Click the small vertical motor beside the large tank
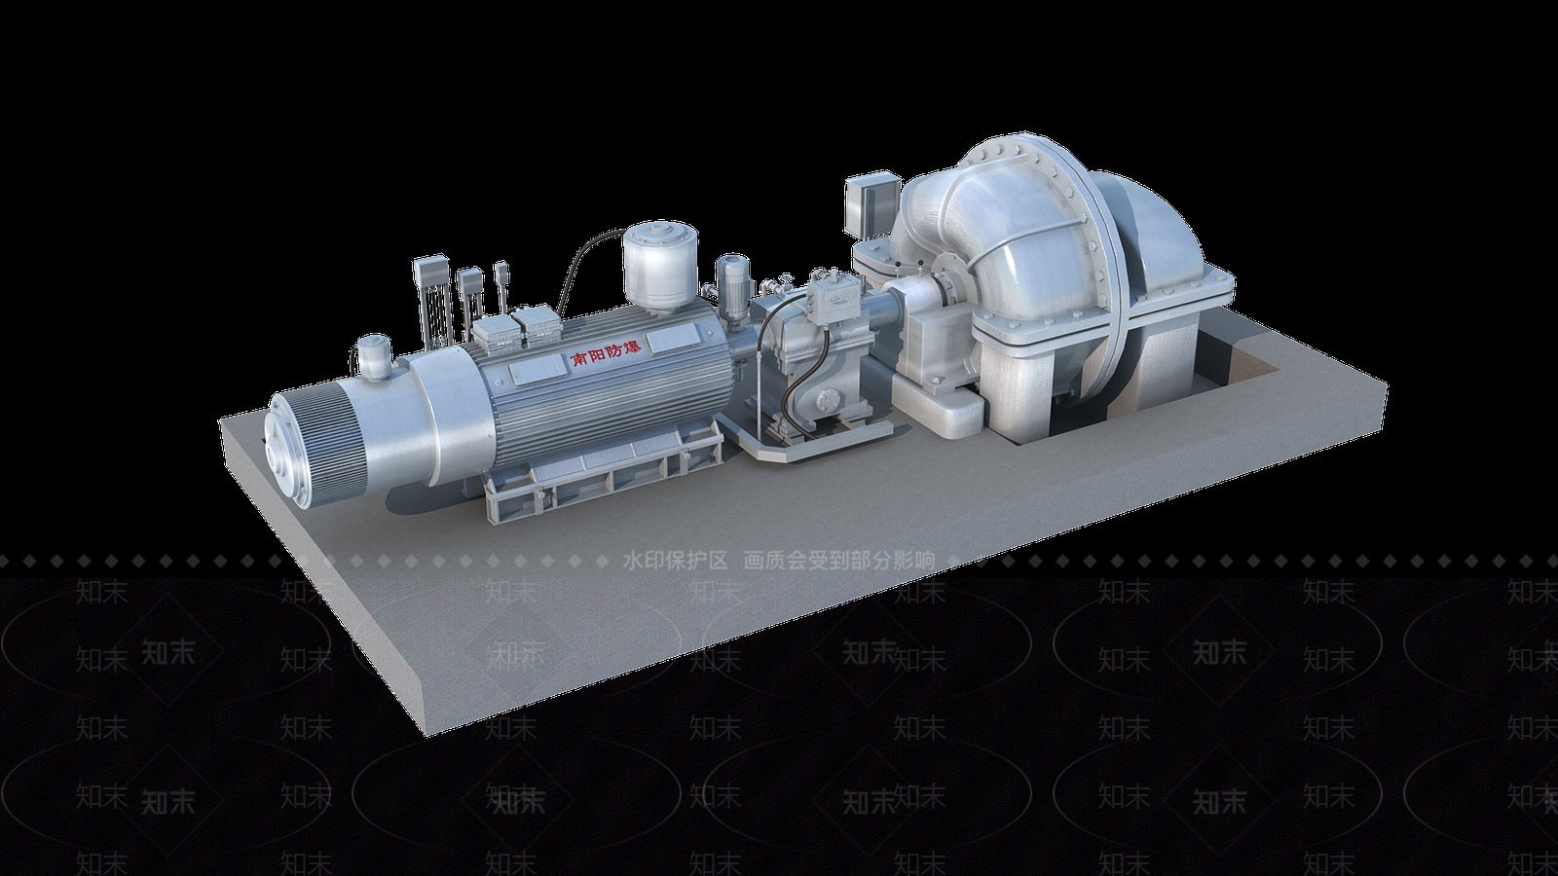coord(731,280)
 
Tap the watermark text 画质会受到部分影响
coord(838,561)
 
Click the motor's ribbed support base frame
coord(594,472)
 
